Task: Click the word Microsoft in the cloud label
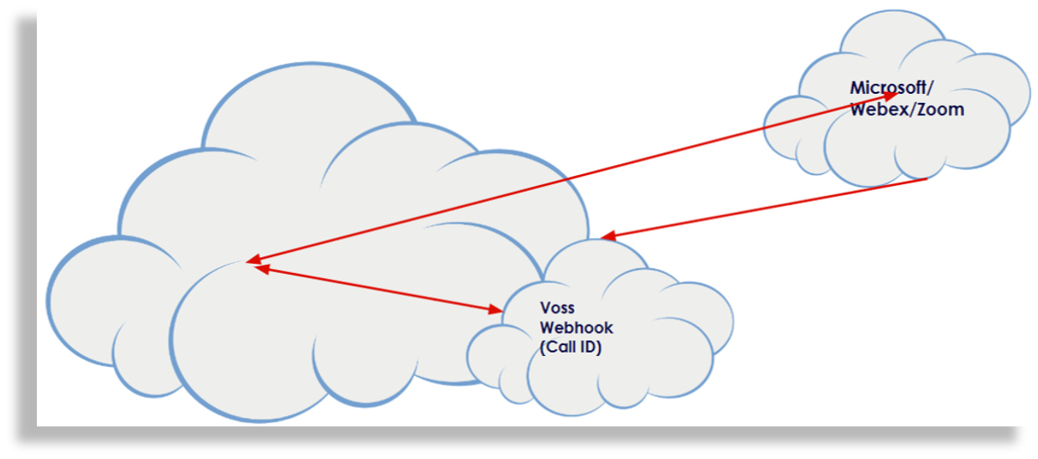pos(881,87)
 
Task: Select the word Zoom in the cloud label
pos(942,110)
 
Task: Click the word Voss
pos(557,307)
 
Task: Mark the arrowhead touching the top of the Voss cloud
pos(609,237)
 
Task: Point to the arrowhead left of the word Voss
pos(493,309)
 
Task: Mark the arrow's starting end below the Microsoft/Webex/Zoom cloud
pos(926,179)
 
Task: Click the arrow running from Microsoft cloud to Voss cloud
pos(762,209)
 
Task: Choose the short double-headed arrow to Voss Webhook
pos(377,289)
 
